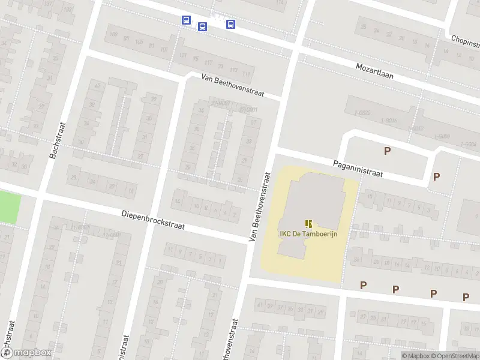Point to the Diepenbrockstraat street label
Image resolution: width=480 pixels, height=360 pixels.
click(153, 221)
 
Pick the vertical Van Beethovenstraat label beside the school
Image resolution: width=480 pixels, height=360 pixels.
click(259, 206)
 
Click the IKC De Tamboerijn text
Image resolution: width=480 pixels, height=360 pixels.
click(308, 233)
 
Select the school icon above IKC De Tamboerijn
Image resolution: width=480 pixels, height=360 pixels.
click(308, 223)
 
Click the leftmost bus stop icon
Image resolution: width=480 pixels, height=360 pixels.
click(186, 20)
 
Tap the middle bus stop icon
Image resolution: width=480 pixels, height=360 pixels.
click(202, 26)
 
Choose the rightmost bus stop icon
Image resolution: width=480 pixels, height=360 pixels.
click(230, 24)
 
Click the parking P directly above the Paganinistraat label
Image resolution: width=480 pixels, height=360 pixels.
click(388, 151)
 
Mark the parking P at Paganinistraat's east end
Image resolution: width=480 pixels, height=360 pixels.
click(436, 176)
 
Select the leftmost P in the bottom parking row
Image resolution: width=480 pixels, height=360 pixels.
click(363, 285)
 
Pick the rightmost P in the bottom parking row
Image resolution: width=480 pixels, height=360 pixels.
click(466, 296)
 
